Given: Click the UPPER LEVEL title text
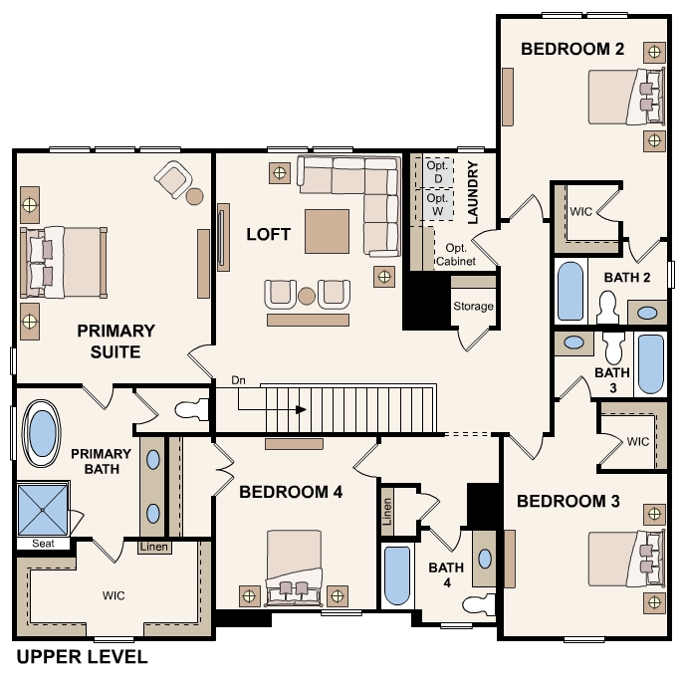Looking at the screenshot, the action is pos(82,657).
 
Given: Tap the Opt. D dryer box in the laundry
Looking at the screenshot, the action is pos(438,172).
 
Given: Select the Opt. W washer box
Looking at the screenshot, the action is pos(438,204).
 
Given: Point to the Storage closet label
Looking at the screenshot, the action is pos(473,307).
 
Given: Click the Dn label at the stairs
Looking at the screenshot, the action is pos(238,380).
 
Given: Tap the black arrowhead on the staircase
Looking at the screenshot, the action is pos(301,409).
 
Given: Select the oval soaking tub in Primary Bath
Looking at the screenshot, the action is pos(42,434).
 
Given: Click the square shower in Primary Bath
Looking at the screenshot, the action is pos(43,510).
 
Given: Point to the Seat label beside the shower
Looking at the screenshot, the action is pos(43,544).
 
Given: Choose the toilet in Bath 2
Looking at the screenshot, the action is pos(607,308).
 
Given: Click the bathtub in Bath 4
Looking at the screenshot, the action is pos(397,575).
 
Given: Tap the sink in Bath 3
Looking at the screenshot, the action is pos(574,342).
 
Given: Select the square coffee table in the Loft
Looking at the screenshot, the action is pos(328,231).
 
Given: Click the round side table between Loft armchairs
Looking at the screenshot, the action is pos(307,296).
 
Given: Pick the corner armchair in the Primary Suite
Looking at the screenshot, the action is pos(173,179).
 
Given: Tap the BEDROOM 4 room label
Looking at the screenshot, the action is pos(291,492).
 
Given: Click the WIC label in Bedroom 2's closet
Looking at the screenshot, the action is pos(581,212).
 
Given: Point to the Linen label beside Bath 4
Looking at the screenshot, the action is pos(387,511).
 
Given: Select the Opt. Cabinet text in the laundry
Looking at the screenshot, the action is pos(456,255).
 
